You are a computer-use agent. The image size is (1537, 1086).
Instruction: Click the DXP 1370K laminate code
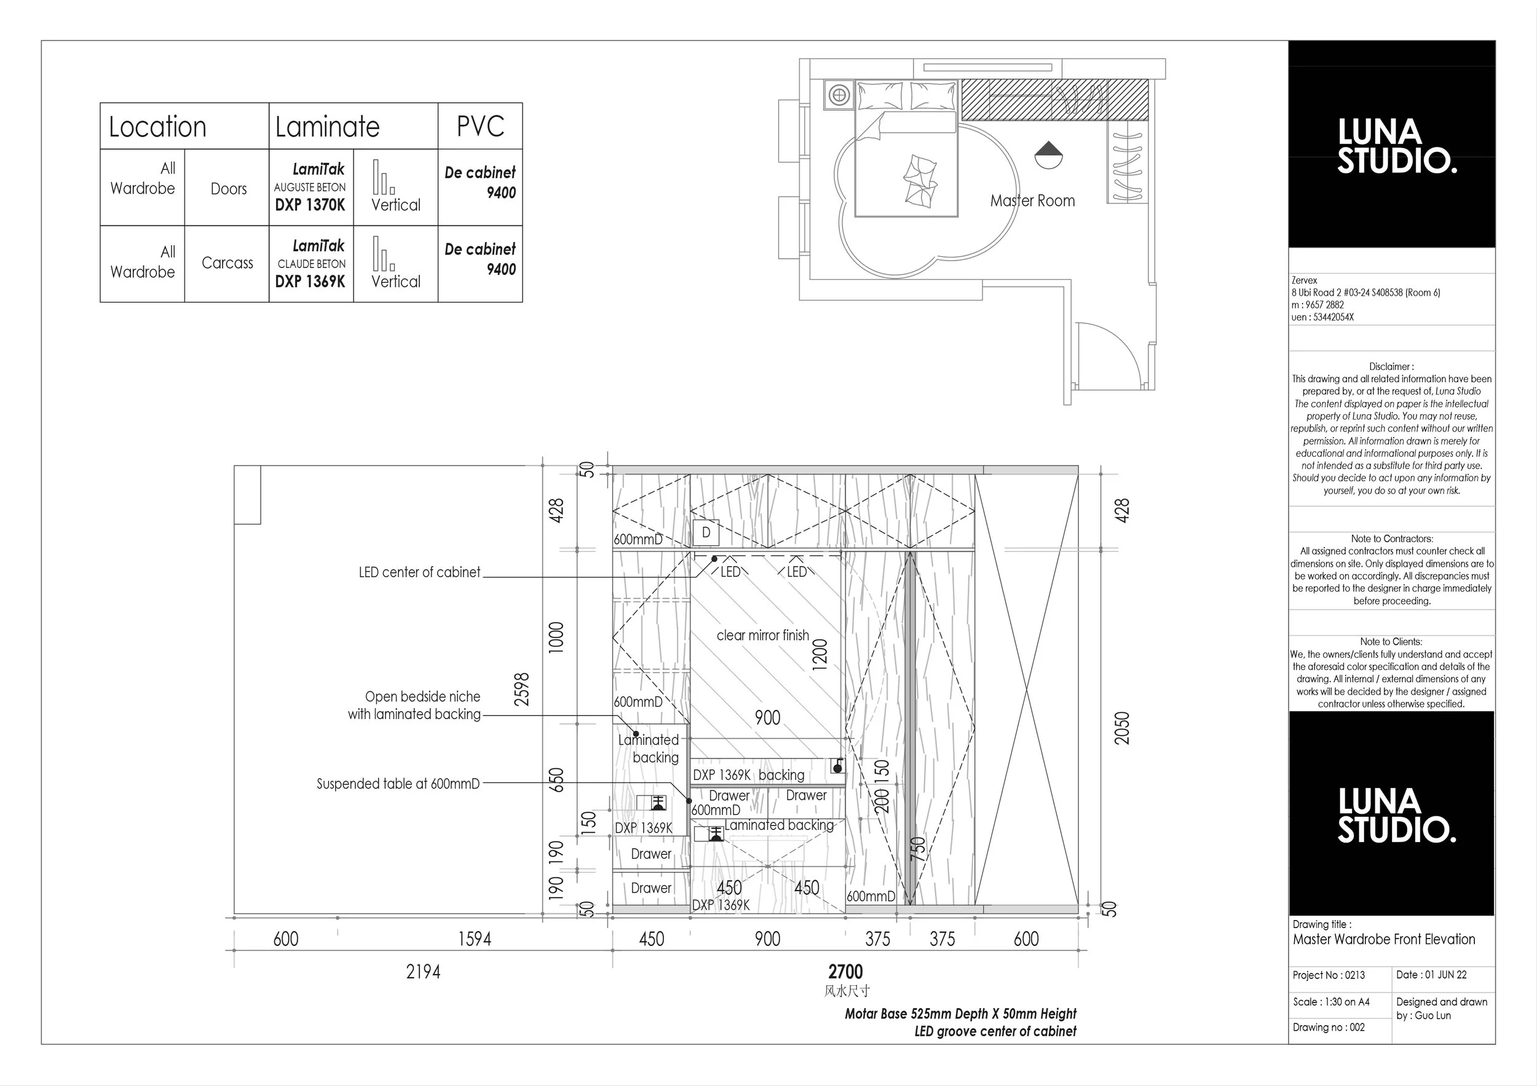(310, 205)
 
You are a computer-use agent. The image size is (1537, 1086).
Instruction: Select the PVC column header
(480, 126)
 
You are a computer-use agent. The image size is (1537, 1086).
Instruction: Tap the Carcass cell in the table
(227, 263)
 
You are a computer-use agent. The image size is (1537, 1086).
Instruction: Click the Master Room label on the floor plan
(1032, 201)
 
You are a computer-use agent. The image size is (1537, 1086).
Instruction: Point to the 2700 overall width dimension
(845, 972)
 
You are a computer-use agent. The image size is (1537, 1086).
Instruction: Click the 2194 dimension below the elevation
(423, 972)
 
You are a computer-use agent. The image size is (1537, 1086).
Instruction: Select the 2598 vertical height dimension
(521, 689)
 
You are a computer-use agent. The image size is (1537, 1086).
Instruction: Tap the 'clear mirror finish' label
(762, 635)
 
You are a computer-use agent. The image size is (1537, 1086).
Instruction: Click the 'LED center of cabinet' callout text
(420, 572)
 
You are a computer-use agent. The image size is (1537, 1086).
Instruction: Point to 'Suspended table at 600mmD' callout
(398, 784)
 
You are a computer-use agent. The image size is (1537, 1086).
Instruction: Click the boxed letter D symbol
(706, 533)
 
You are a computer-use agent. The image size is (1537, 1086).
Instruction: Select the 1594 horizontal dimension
(474, 938)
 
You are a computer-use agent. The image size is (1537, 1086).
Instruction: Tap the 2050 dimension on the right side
(1122, 728)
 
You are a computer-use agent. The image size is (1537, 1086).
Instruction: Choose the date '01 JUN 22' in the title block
(1446, 975)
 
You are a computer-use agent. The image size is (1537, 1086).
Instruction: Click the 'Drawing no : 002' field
(1329, 1027)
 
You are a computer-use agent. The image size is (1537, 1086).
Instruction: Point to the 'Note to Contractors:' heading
(1392, 538)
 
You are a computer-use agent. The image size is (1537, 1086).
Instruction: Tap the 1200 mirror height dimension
(820, 655)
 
